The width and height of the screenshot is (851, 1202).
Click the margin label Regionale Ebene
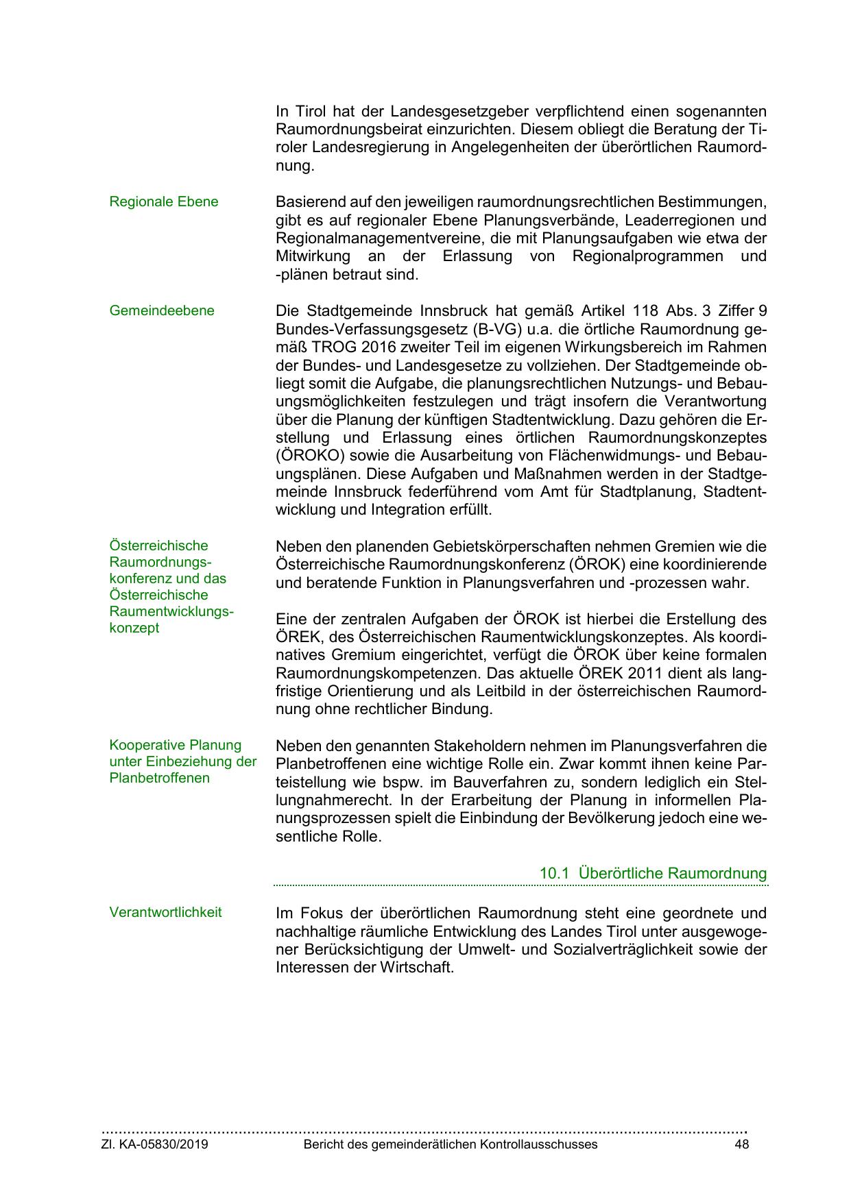click(x=163, y=201)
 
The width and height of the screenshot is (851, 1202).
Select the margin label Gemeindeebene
click(x=161, y=310)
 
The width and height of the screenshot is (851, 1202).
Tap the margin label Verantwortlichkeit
click(x=165, y=912)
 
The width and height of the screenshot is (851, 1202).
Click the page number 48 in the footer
click(x=741, y=1144)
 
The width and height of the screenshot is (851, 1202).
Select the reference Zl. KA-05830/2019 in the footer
click(x=155, y=1144)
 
